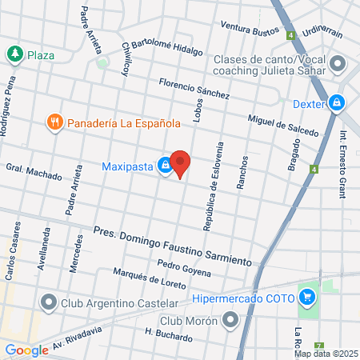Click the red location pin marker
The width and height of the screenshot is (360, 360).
tap(181, 164)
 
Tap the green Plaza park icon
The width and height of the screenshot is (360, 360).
tap(14, 54)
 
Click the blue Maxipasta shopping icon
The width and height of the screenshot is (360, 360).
tap(164, 166)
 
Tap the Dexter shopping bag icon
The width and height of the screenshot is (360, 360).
tap(338, 103)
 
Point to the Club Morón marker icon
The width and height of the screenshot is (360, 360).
tap(231, 320)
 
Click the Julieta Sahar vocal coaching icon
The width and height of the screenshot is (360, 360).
tap(339, 63)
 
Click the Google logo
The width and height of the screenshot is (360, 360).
tap(26, 350)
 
